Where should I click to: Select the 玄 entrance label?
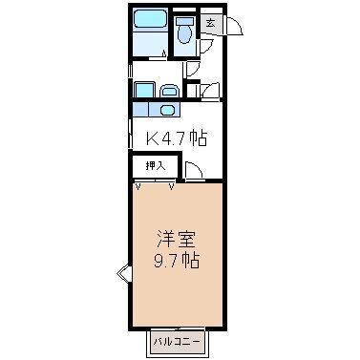point(210,24)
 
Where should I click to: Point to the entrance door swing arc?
point(235,28)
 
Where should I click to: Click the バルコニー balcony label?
point(175,340)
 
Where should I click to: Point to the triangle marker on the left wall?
point(122,275)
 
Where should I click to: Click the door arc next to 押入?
point(191,172)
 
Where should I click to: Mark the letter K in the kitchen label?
point(151,138)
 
